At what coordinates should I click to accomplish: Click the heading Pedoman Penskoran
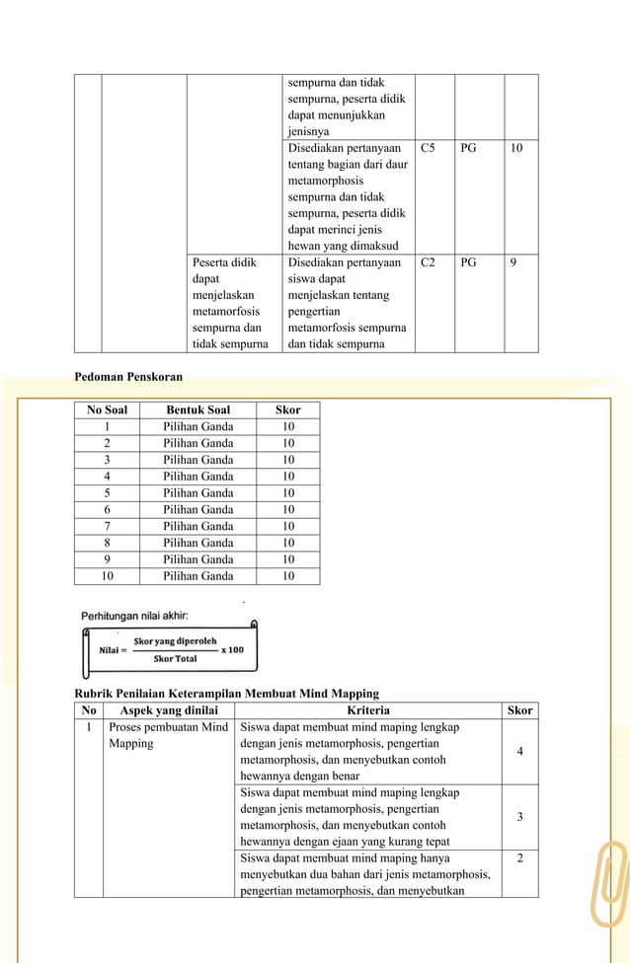pyautogui.click(x=128, y=376)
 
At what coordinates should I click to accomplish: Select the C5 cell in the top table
pyautogui.click(x=428, y=148)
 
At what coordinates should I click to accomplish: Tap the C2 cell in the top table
pyautogui.click(x=428, y=263)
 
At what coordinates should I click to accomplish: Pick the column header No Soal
pyautogui.click(x=107, y=409)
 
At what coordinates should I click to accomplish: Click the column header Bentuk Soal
pyautogui.click(x=197, y=409)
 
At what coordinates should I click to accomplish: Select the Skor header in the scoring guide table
pyautogui.click(x=287, y=409)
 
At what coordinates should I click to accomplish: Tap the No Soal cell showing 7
pyautogui.click(x=107, y=526)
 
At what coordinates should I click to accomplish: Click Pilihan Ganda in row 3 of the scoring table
pyautogui.click(x=197, y=460)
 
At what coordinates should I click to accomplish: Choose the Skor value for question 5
pyautogui.click(x=287, y=492)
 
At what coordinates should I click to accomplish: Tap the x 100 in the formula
pyautogui.click(x=232, y=650)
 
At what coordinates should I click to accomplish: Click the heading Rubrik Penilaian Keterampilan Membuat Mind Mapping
pyautogui.click(x=227, y=694)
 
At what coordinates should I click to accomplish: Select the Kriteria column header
pyautogui.click(x=368, y=709)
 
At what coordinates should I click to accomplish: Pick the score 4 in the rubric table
pyautogui.click(x=519, y=752)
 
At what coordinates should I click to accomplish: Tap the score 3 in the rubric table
pyautogui.click(x=519, y=817)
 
